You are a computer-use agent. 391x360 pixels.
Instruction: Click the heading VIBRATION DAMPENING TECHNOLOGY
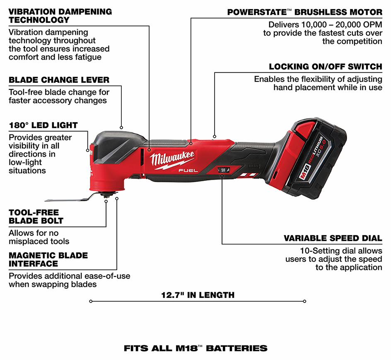(60, 15)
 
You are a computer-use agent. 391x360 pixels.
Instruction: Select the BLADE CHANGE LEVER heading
(59, 79)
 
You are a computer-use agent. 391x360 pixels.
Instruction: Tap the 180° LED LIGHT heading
(43, 125)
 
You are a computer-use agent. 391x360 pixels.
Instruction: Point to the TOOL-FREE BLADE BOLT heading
(36, 216)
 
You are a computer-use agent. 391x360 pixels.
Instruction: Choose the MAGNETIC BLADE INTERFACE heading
(48, 259)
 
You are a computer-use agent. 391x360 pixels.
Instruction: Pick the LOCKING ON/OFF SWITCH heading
(325, 67)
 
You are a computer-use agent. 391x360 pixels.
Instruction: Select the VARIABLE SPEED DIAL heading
(333, 238)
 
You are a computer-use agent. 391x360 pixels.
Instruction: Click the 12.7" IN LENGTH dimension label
(198, 295)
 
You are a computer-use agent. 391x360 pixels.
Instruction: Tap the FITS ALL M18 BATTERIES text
(195, 348)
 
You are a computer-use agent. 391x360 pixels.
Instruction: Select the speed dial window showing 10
(223, 170)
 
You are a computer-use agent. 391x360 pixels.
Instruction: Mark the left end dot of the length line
(91, 301)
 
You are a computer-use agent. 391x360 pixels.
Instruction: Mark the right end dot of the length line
(305, 301)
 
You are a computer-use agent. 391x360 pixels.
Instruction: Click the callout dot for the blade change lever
(121, 127)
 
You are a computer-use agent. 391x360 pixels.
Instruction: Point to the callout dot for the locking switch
(214, 135)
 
